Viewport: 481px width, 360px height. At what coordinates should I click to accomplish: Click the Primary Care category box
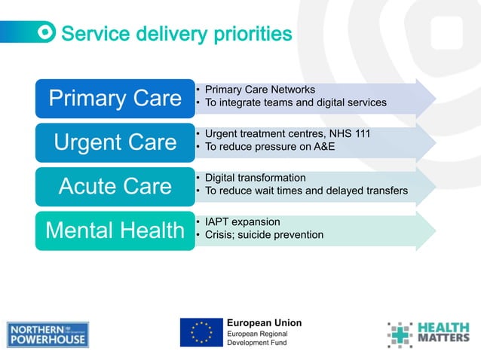tap(115, 98)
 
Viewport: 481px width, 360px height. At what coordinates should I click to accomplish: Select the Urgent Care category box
tap(115, 142)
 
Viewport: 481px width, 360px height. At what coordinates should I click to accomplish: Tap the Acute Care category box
tap(115, 186)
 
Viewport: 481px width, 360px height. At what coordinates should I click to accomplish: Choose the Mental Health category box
tap(115, 230)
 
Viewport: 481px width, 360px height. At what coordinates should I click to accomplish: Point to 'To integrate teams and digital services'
tap(296, 102)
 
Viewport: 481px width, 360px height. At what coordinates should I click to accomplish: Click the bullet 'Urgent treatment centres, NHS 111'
tap(287, 133)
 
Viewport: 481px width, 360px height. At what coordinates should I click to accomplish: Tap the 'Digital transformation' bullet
tap(256, 178)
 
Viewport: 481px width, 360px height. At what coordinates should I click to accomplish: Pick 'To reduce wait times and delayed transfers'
tap(306, 191)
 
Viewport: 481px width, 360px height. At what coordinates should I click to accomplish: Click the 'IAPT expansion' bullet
tap(242, 222)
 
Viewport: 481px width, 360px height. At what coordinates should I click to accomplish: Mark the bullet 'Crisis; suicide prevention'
tap(264, 235)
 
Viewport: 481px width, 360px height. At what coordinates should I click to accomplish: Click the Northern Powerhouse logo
tap(48, 334)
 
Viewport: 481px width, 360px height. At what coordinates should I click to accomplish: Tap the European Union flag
tap(201, 332)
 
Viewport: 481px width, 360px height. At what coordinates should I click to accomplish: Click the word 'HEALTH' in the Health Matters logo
tap(443, 328)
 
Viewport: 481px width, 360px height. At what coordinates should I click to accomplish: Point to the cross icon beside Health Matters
tap(400, 334)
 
